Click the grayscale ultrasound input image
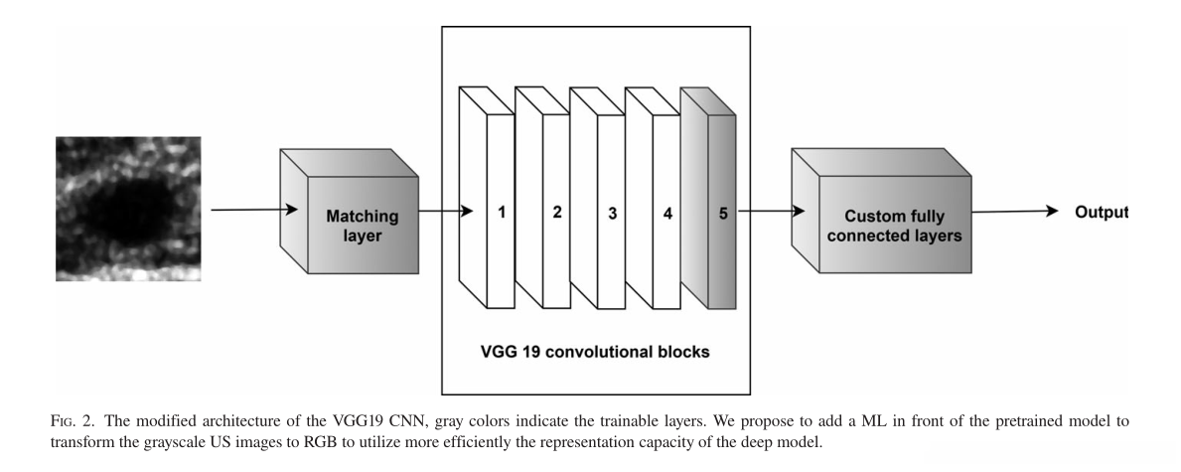point(128,209)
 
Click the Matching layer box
point(350,211)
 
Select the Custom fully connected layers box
point(881,211)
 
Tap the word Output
point(1102,212)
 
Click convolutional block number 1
point(488,198)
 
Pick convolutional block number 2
point(543,198)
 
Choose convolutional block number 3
point(598,198)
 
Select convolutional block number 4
point(654,198)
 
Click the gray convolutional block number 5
point(709,198)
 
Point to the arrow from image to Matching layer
point(254,210)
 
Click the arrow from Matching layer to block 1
point(446,211)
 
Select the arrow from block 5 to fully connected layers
point(771,211)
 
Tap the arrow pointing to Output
point(1015,212)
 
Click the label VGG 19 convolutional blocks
point(595,352)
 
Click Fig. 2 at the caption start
point(74,421)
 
